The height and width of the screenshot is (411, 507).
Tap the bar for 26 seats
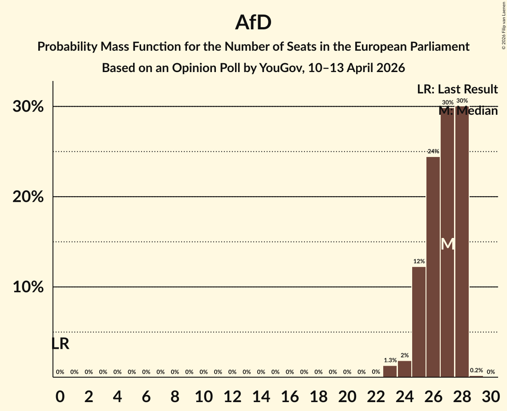coord(433,267)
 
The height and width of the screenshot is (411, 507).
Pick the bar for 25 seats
coord(419,322)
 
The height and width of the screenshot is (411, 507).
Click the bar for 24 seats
coord(405,369)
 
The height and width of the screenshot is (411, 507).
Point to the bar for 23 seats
coord(390,371)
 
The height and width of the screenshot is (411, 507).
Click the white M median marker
coord(448,244)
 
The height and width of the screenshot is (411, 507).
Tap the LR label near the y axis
coord(60,344)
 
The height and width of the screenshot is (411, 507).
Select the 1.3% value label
coord(390,360)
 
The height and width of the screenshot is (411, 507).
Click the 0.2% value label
coord(476,371)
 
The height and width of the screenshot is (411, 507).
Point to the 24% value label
coord(433,152)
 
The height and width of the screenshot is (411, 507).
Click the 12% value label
coord(419,262)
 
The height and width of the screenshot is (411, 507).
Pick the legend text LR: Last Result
coord(457,89)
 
